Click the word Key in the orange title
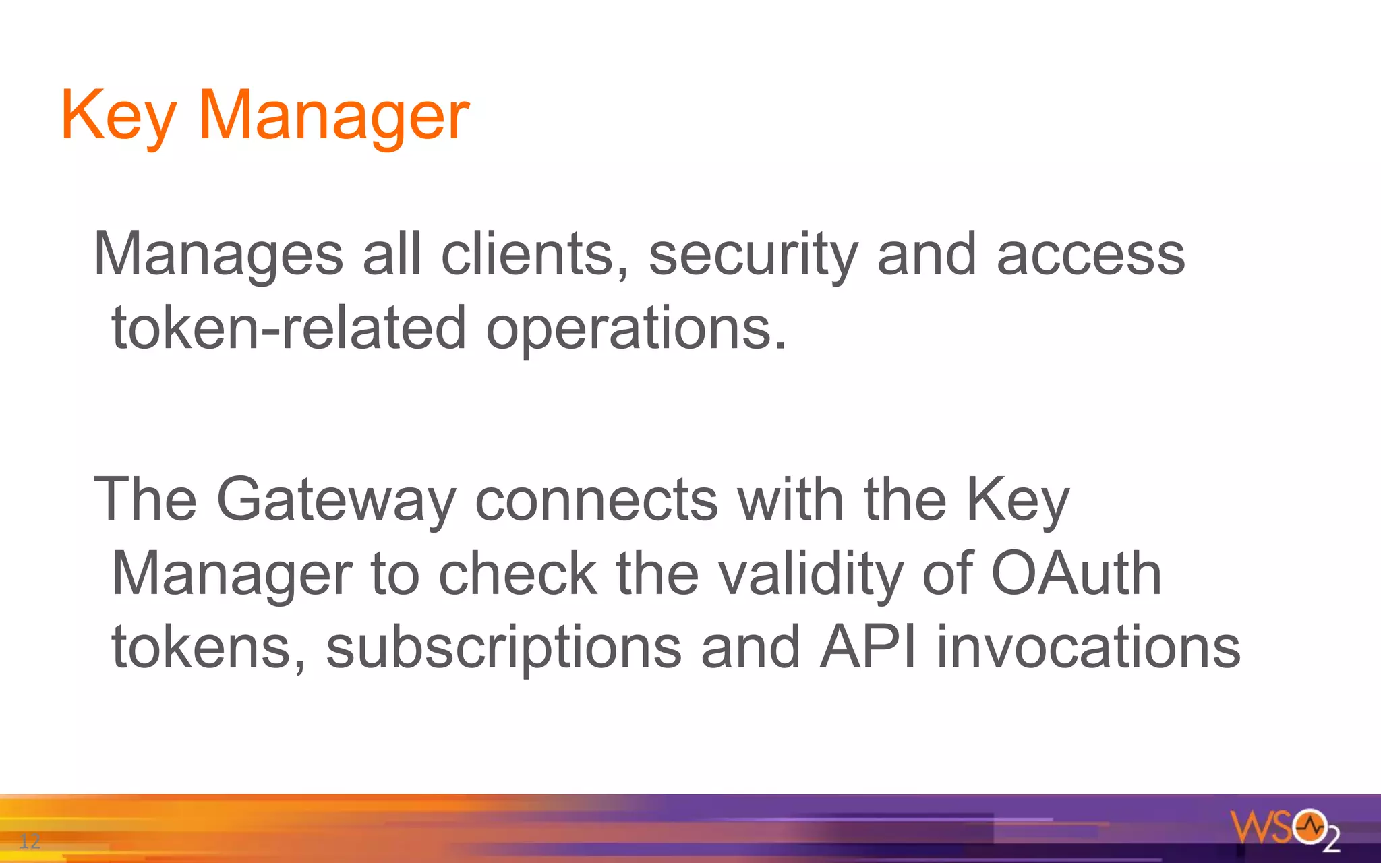point(119,116)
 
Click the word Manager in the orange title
point(334,116)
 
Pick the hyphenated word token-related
point(289,328)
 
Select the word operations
point(636,330)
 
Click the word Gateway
point(336,500)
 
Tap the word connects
point(597,500)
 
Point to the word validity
point(810,574)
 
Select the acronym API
point(869,647)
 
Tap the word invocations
point(1088,647)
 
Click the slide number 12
point(30,841)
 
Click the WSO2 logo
point(1285,829)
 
